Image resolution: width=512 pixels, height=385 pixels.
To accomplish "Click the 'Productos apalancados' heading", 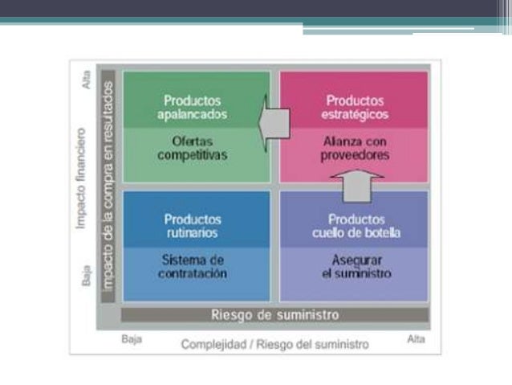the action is click(193, 108).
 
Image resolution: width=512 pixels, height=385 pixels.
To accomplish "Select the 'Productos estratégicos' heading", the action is click(355, 108).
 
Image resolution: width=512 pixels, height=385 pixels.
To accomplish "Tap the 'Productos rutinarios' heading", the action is click(193, 226).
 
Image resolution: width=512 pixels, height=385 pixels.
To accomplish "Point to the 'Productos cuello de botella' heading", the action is click(356, 226).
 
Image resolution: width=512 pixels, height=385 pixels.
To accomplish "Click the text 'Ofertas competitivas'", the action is click(193, 148).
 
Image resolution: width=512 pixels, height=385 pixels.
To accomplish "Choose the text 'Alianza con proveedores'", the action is click(355, 148).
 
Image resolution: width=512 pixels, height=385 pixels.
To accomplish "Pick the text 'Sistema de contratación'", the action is click(193, 267).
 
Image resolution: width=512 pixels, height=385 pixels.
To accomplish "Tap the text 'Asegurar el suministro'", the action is click(356, 267).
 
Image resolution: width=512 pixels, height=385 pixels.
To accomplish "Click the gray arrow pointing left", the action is click(274, 123).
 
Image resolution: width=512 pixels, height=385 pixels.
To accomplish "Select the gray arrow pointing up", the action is click(357, 186).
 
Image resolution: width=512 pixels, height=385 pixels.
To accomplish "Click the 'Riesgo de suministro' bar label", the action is click(275, 315).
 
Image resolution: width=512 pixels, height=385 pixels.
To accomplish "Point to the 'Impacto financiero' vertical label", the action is click(80, 178).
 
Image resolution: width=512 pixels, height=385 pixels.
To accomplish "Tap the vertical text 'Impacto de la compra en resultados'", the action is click(108, 186).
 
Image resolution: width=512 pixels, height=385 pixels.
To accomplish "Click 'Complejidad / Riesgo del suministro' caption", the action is click(275, 344).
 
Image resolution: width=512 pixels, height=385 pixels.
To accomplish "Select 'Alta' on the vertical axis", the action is click(86, 80).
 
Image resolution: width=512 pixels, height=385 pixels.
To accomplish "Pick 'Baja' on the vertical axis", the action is click(86, 276).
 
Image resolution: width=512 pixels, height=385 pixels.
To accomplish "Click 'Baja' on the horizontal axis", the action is click(132, 339).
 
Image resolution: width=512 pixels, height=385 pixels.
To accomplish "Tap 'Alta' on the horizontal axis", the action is click(416, 339).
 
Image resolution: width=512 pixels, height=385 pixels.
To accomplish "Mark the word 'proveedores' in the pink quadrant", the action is click(355, 155).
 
